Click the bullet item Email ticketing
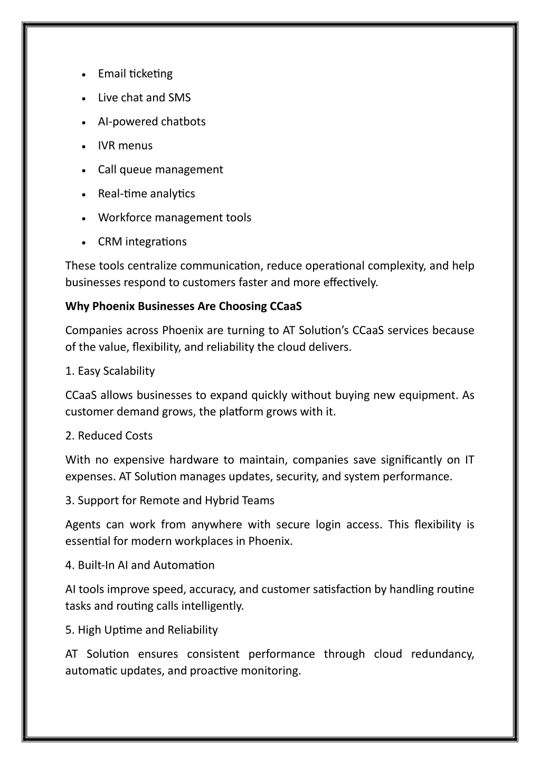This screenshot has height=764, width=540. point(135,74)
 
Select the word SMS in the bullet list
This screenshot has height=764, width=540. point(179,98)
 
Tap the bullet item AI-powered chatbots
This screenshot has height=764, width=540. point(151,122)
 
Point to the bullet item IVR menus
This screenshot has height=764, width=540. point(125,146)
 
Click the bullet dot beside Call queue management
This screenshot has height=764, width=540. point(84,171)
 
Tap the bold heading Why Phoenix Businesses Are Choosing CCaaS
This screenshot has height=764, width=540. point(183,306)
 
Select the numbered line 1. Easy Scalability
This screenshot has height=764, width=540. point(110,371)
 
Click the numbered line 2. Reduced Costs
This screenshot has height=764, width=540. point(109,436)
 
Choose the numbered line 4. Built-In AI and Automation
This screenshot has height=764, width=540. point(140,565)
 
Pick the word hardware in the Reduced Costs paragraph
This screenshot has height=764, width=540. point(193,460)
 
